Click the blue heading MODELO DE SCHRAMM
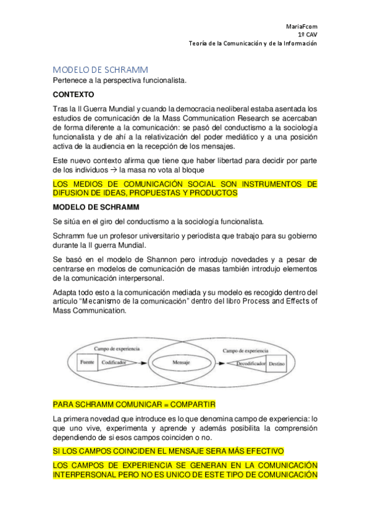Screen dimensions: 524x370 coord(100,69)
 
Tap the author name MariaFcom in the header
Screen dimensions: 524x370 coord(301,27)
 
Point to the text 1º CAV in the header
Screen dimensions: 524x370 coord(307,35)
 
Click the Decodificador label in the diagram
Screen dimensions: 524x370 coord(250,363)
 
